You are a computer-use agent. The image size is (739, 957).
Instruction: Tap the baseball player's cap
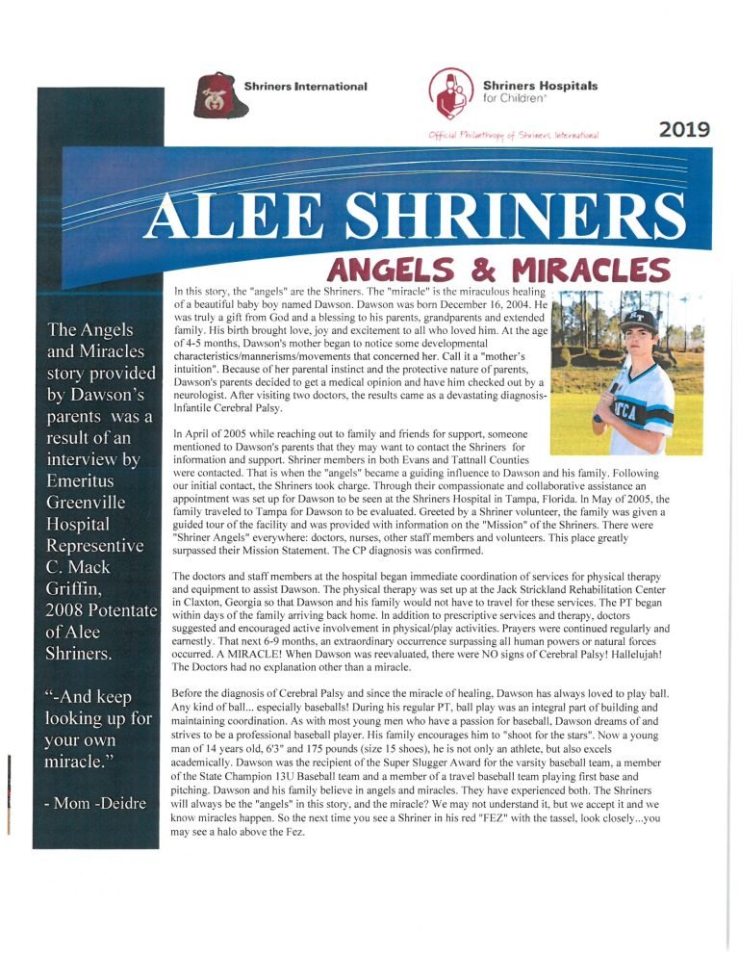click(x=640, y=319)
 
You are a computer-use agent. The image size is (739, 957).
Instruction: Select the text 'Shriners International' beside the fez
click(x=306, y=87)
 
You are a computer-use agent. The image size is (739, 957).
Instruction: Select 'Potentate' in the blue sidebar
click(x=119, y=609)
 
